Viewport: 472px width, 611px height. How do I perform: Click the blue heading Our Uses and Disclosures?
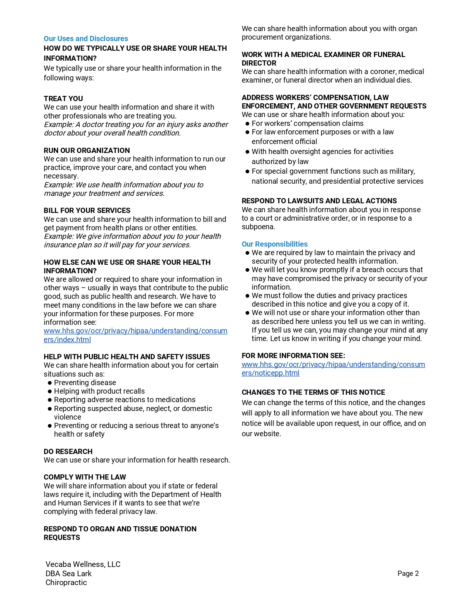(x=86, y=39)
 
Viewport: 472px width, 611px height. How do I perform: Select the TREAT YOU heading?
(x=63, y=99)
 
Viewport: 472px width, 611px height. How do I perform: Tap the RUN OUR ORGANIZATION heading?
(x=87, y=150)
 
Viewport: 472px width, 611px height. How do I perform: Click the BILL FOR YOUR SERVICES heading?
(x=87, y=210)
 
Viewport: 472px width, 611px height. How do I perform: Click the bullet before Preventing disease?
(x=49, y=383)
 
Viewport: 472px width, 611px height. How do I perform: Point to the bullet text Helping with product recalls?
(x=99, y=391)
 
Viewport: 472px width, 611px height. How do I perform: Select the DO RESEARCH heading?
(x=68, y=451)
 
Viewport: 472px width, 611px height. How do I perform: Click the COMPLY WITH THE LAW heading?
(x=85, y=477)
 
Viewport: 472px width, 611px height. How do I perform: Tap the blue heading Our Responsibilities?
(x=274, y=244)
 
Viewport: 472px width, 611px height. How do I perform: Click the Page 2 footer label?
(x=408, y=574)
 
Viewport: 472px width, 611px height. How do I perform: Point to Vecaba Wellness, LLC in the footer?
(x=83, y=564)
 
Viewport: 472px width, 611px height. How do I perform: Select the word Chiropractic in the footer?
(x=66, y=582)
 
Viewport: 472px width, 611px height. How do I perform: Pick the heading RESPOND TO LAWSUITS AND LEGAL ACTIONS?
(x=319, y=201)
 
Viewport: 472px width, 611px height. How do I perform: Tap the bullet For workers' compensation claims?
(x=307, y=123)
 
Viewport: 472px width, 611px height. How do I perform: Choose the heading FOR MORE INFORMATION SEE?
(x=293, y=355)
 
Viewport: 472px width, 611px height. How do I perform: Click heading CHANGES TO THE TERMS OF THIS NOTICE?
(x=313, y=392)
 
